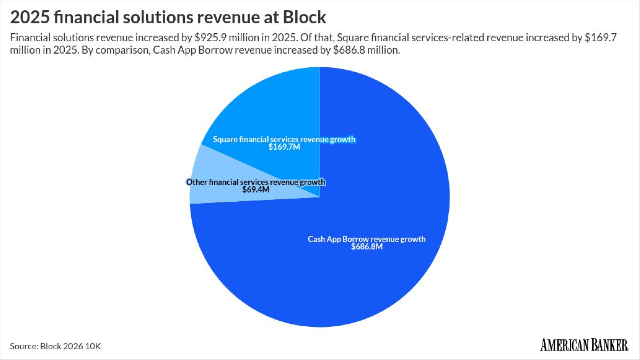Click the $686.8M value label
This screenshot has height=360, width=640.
tap(367, 247)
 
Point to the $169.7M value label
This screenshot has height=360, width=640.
tap(284, 147)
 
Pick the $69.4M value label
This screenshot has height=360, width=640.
tap(256, 190)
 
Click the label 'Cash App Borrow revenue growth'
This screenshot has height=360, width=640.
tap(367, 239)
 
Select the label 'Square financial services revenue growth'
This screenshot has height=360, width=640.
tap(284, 139)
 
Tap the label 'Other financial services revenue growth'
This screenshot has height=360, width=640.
tap(256, 182)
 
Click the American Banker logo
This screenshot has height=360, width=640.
tap(584, 345)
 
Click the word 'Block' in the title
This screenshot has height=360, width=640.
tap(304, 18)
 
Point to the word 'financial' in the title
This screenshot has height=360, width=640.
tap(81, 18)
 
